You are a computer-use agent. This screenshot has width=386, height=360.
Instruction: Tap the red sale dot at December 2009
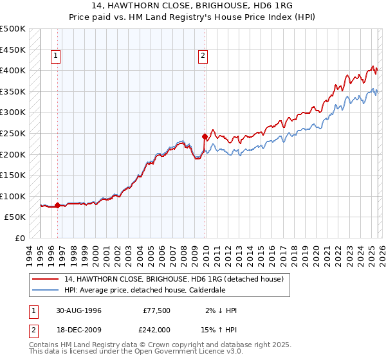point(205,136)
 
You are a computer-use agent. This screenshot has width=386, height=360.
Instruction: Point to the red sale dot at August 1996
point(57,206)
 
